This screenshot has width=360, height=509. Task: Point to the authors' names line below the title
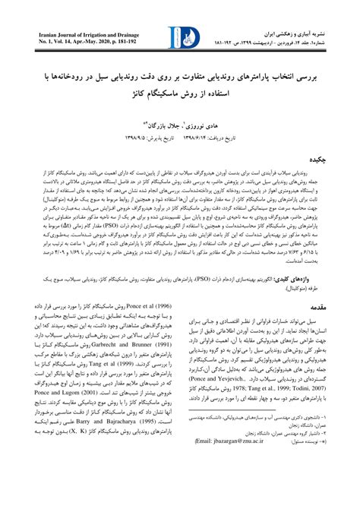(x=179, y=123)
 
